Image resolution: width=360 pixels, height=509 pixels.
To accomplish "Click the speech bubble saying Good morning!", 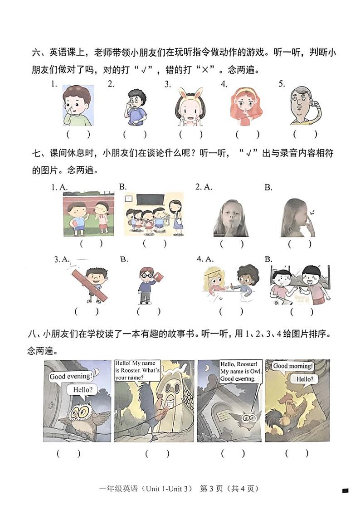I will click(x=293, y=366).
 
